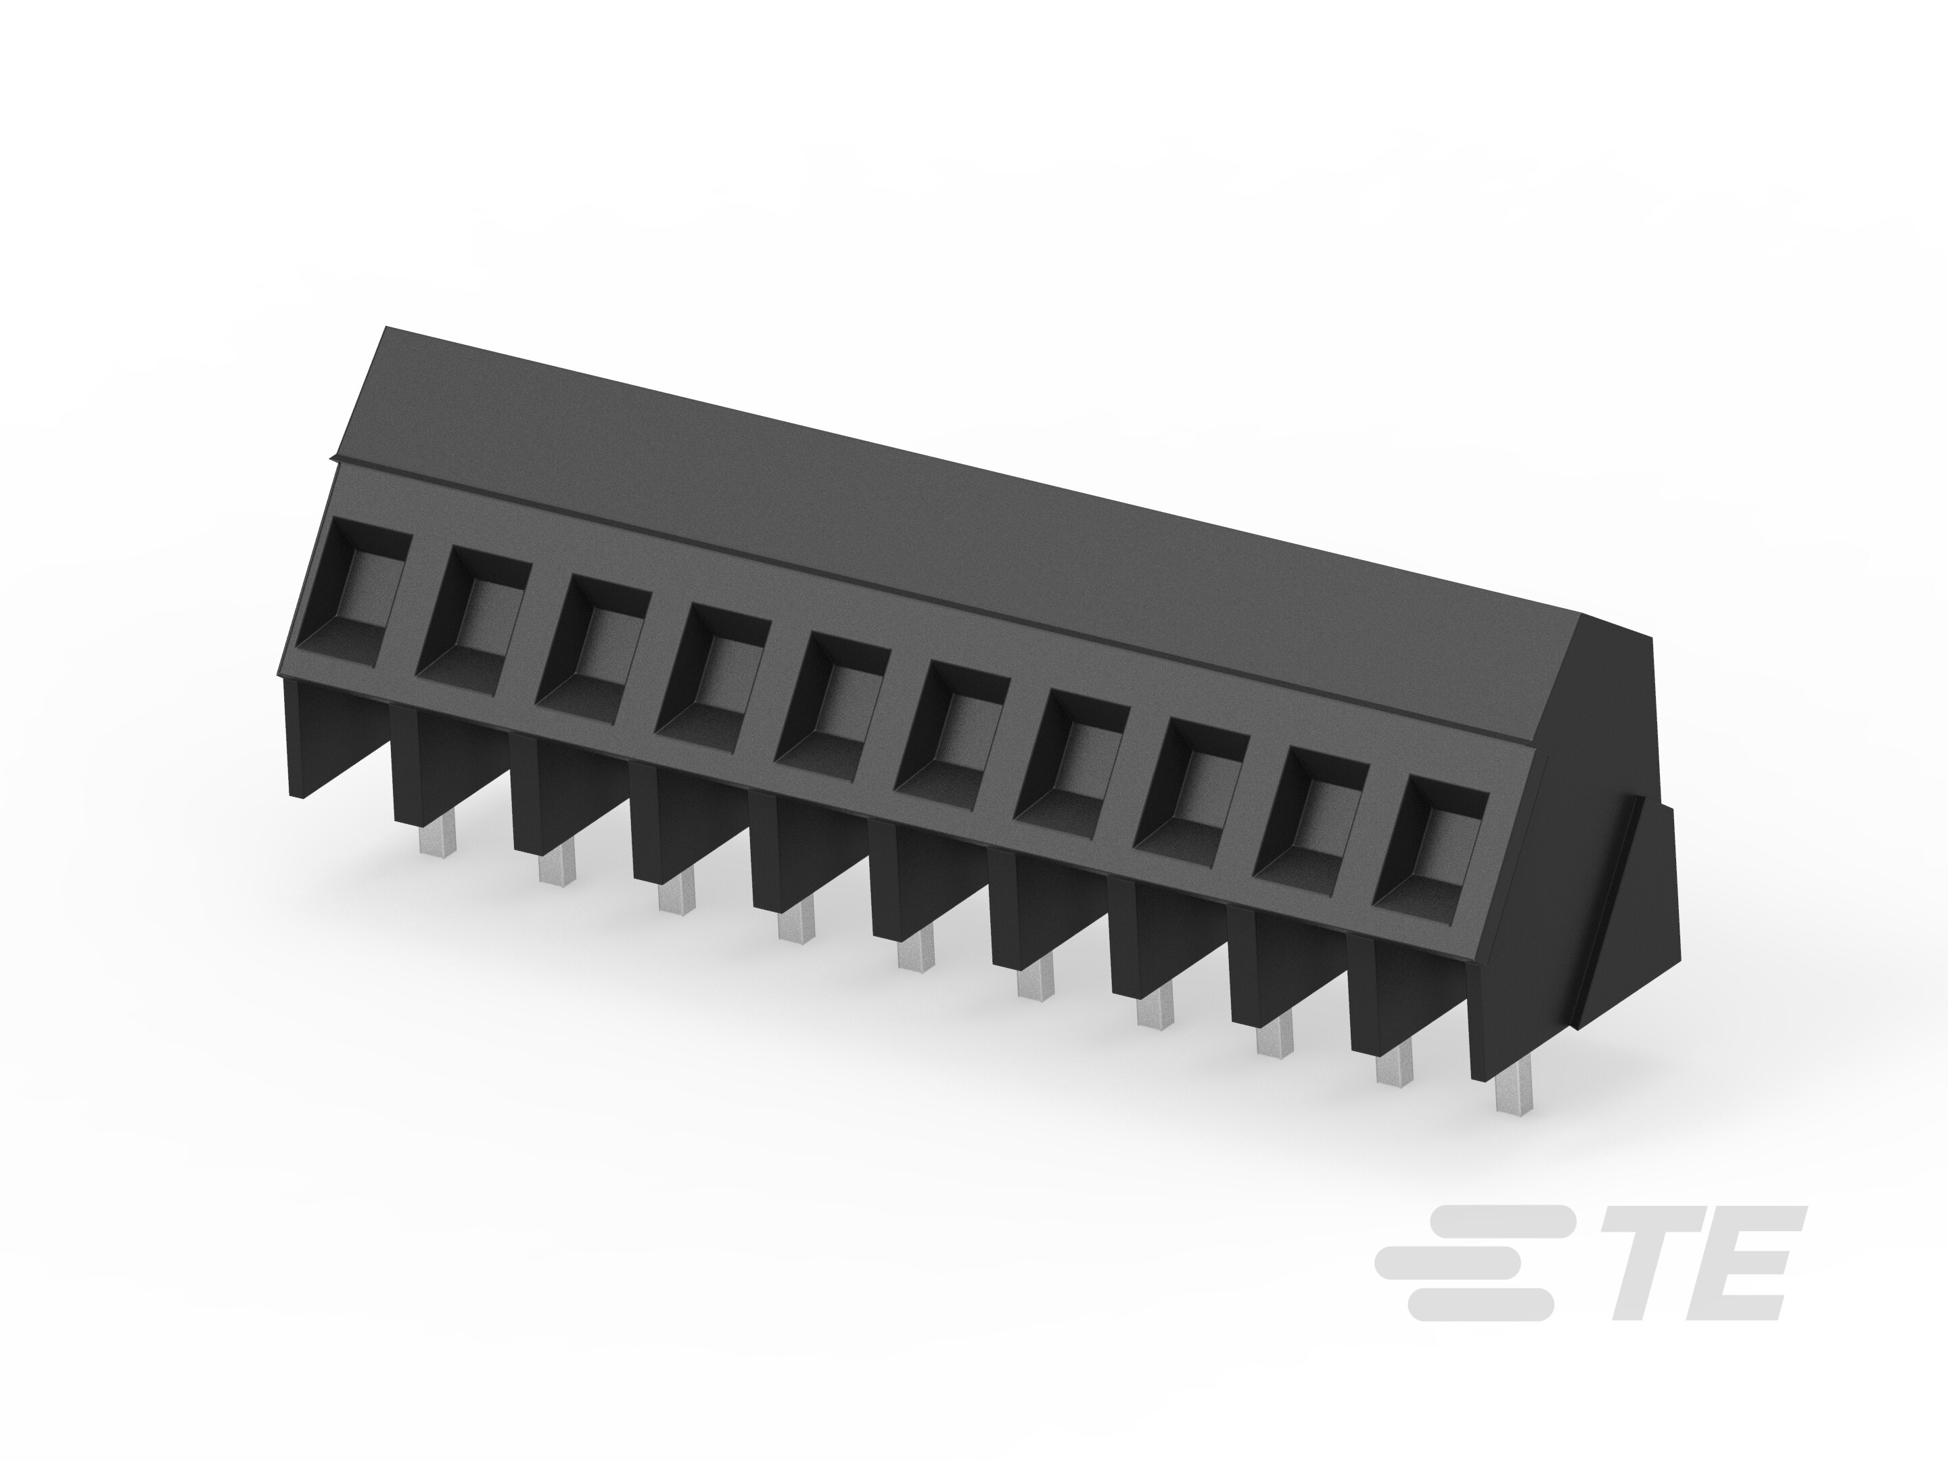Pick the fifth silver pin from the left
tap(916, 952)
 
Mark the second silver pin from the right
tap(1394, 1065)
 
